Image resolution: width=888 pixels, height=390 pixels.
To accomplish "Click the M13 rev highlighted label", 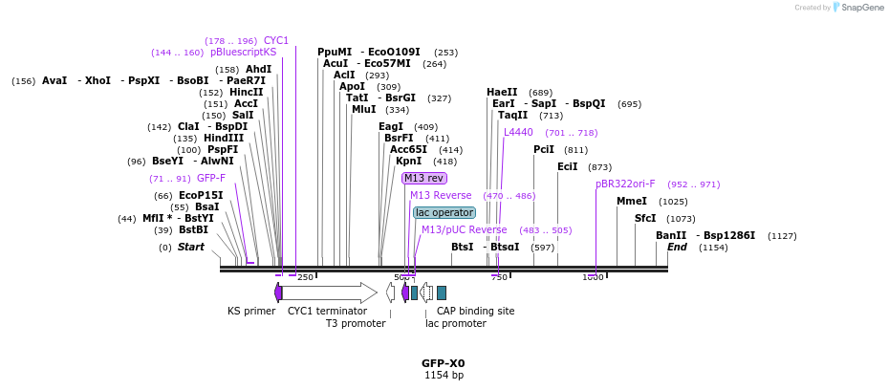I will pos(423,178).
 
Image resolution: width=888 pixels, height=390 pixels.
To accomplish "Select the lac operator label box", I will pos(444,212).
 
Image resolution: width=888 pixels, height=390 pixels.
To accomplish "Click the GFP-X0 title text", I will pos(444,363).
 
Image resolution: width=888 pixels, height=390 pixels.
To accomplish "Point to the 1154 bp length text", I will pos(444,376).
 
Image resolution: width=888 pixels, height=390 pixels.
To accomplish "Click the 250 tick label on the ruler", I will pos(305,277).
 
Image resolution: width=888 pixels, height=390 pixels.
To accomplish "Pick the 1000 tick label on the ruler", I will pos(593,277).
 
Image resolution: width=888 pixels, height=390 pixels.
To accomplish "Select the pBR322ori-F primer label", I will pos(625,184).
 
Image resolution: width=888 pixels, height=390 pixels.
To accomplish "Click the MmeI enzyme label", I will pos(632,201).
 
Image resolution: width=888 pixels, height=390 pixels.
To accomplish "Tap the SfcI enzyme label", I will pos(645,218).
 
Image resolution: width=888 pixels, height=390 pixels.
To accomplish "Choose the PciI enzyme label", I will pos(544,149).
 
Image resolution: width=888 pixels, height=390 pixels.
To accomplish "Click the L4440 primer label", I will pos(518,132).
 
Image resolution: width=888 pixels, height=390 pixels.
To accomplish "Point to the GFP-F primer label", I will pos(211,178).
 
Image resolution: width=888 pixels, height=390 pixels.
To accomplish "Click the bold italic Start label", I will pos(191,247).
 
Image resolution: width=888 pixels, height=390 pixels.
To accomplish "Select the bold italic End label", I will pos(677,247).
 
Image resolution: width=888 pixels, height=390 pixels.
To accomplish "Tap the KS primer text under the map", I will pos(251,311).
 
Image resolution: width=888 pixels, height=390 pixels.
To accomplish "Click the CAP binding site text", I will pos(475,311).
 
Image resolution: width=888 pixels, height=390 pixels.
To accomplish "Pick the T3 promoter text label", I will pos(356,323).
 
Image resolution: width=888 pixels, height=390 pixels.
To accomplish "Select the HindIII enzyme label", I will pos(224,138).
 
